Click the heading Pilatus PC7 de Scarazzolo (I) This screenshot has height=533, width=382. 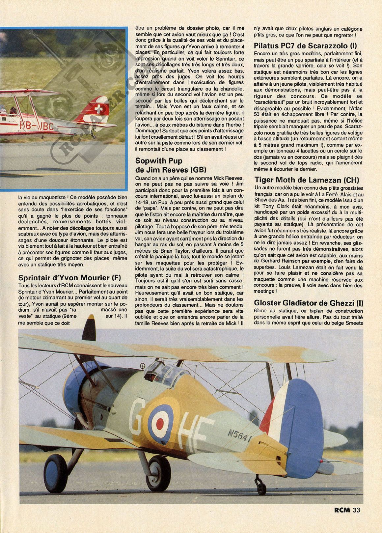305,46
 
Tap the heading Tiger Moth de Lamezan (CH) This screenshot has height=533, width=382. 306,180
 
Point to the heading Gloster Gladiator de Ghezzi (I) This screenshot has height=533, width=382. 308,303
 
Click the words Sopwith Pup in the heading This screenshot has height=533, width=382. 159,161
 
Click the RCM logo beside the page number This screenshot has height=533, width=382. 342,510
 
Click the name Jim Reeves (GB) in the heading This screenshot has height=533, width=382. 171,170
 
